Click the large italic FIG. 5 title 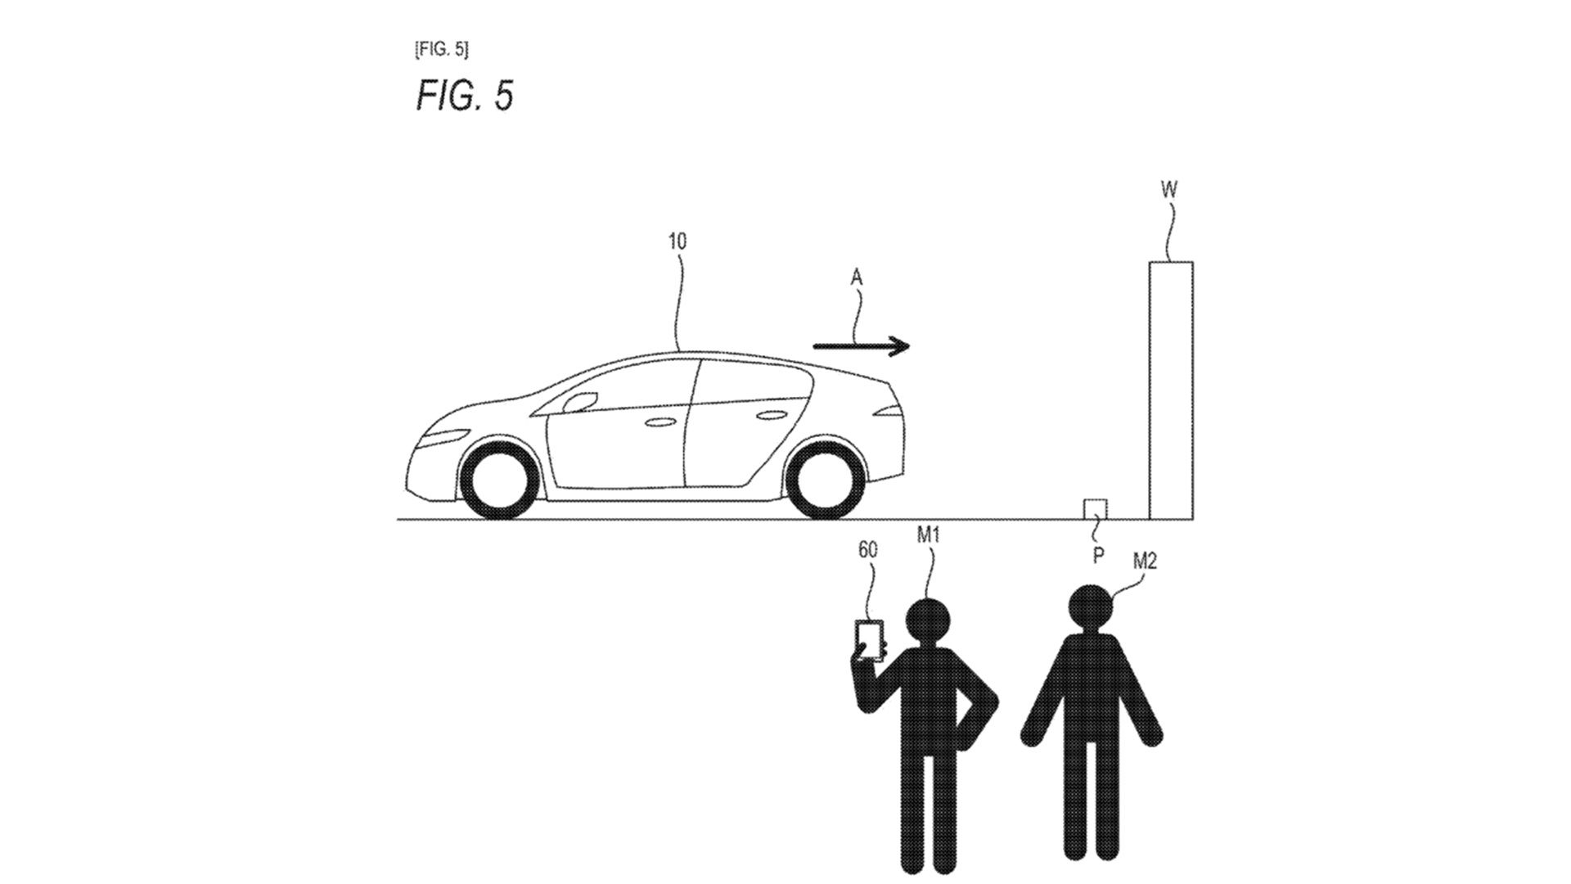pos(465,95)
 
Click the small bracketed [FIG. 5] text pos(442,49)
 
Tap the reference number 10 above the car pos(677,241)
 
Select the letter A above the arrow pos(857,278)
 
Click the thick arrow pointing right pos(861,346)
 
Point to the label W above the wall pos(1169,190)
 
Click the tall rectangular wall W pos(1171,390)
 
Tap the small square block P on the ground pos(1095,509)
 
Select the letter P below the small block pos(1098,556)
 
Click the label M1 pos(928,535)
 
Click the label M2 pos(1145,561)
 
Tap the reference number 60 pos(868,550)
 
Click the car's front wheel pos(501,480)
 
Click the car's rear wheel pos(825,480)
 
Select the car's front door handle pos(659,422)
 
